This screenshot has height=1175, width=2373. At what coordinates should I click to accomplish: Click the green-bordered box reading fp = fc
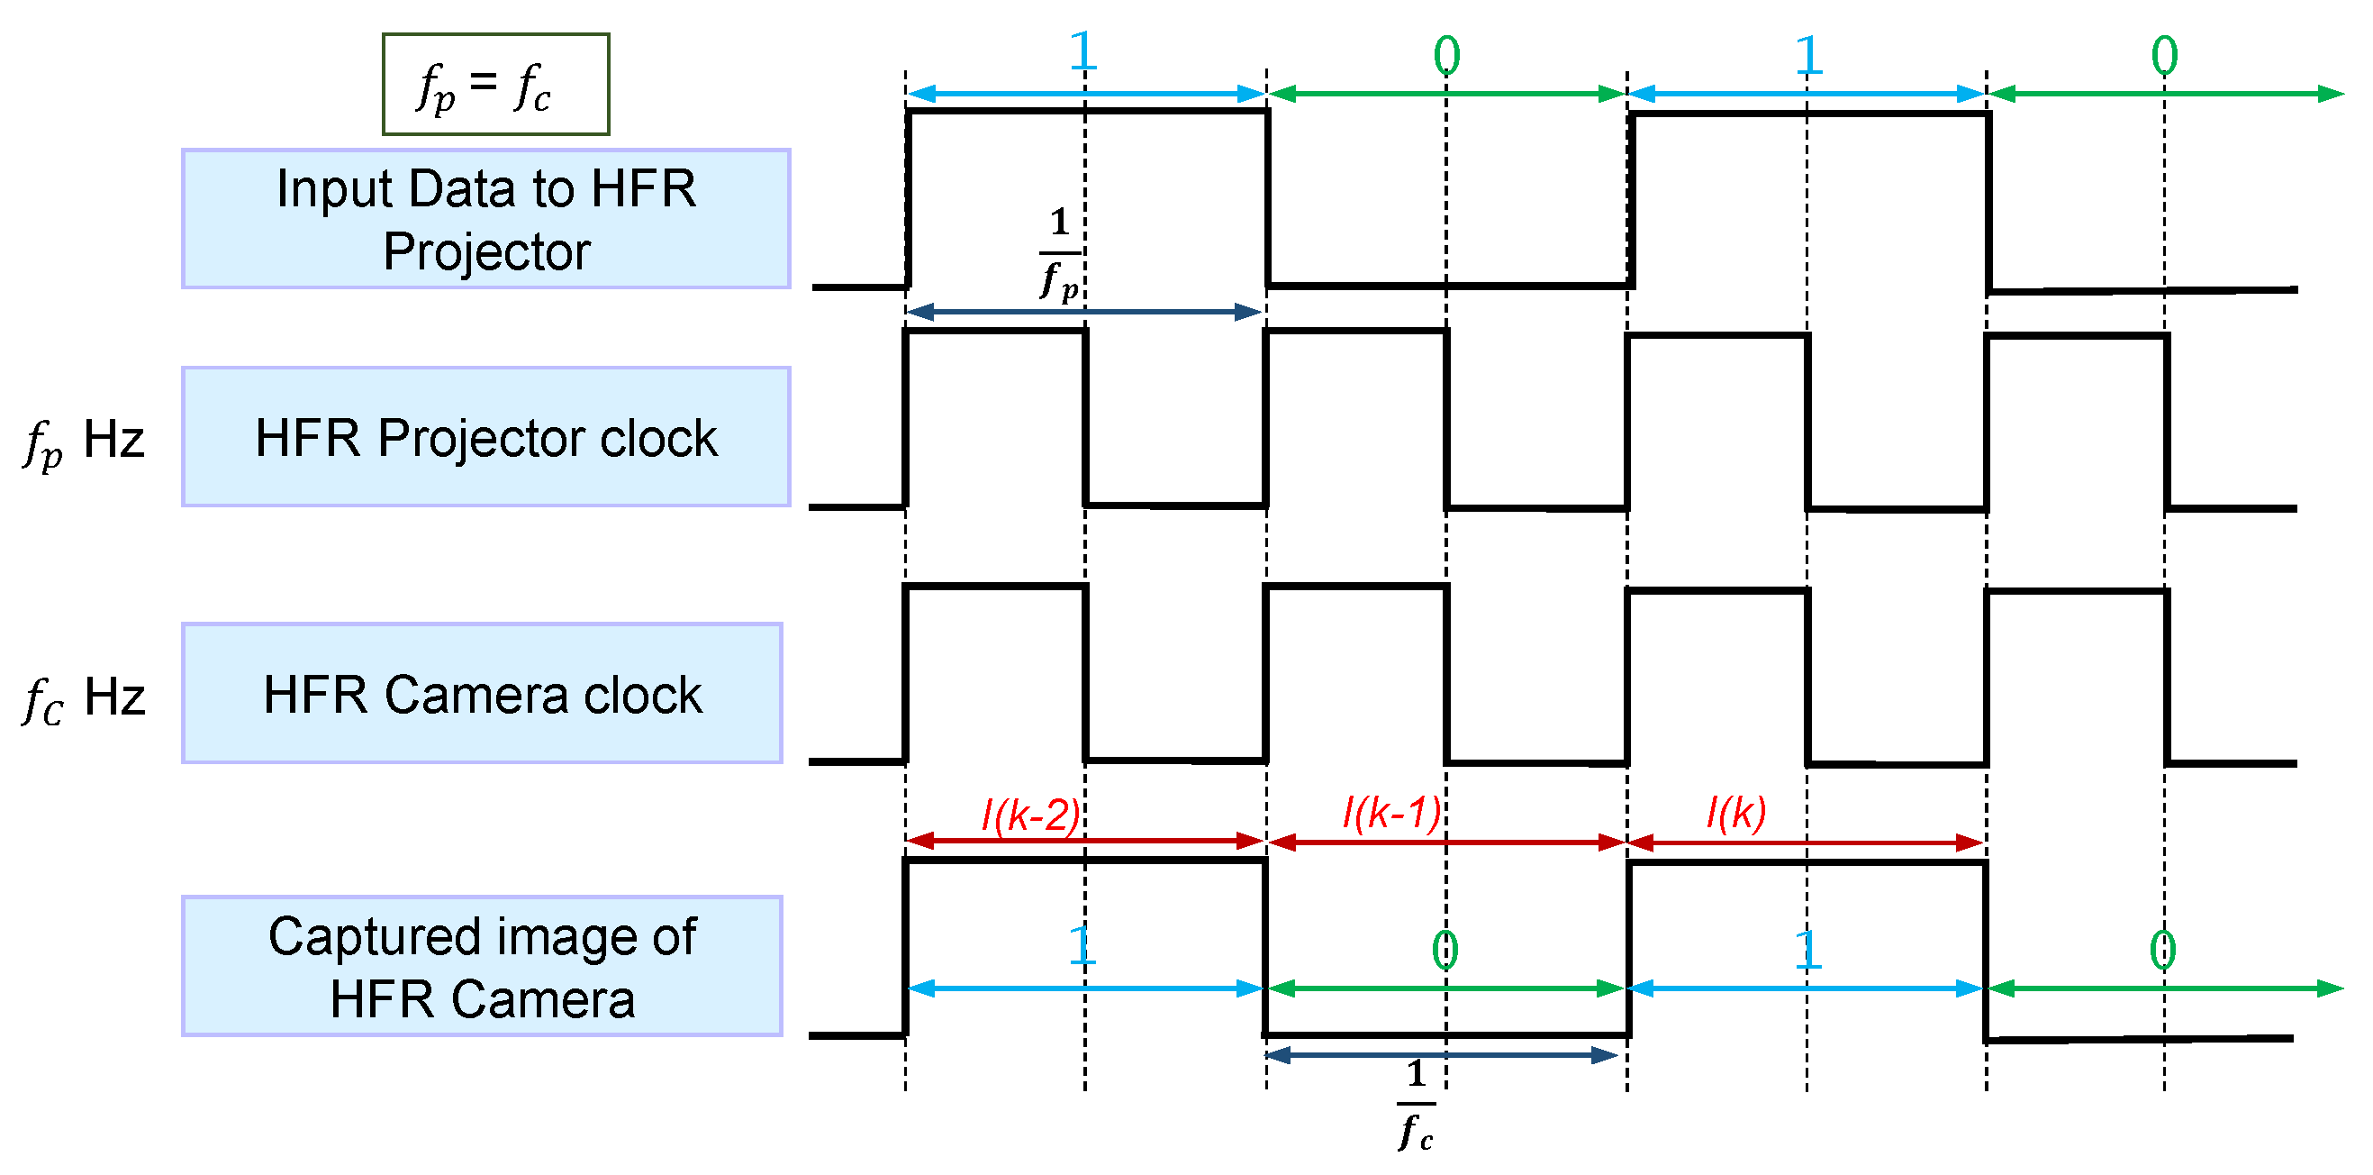click(495, 85)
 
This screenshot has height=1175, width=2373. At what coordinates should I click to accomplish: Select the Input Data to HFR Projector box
click(485, 219)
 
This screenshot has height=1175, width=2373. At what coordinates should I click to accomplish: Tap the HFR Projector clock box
click(485, 437)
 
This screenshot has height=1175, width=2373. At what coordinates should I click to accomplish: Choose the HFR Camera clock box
click(482, 693)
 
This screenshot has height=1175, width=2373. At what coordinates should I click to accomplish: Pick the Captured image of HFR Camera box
click(482, 966)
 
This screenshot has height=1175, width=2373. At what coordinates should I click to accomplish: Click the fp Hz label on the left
click(84, 441)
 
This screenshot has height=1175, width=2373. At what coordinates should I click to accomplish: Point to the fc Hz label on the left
click(84, 697)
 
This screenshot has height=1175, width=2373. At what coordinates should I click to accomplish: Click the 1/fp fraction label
click(1059, 252)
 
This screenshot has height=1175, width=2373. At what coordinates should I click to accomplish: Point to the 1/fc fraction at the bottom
click(1416, 1104)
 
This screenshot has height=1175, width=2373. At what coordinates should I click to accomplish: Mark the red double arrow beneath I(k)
click(1806, 843)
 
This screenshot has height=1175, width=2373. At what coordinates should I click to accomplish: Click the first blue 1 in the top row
click(1082, 51)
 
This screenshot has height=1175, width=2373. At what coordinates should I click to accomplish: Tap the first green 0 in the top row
click(1446, 55)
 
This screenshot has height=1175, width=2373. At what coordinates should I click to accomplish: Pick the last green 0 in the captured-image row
click(2162, 949)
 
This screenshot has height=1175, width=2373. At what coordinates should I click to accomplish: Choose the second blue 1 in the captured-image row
click(1807, 949)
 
